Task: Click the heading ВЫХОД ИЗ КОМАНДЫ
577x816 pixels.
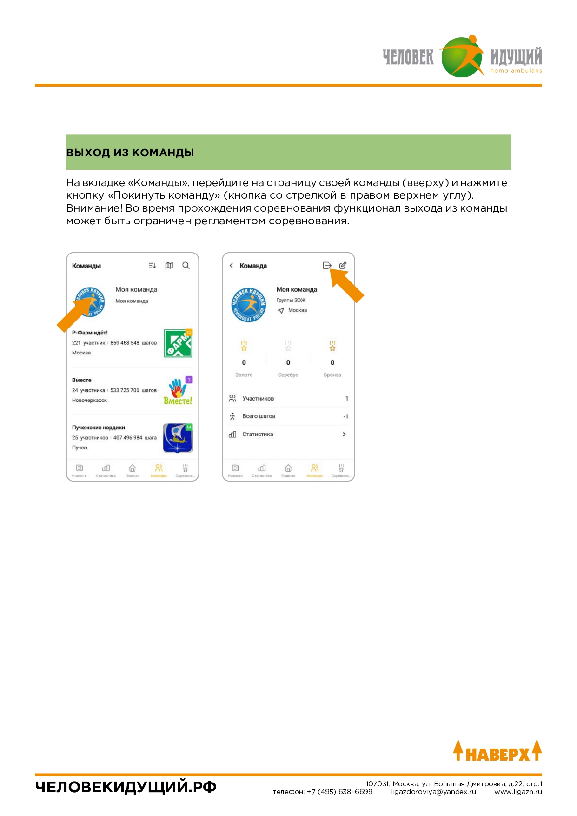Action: pos(130,153)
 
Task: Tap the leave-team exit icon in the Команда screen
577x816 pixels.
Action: pos(327,265)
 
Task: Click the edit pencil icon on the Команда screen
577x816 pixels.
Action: pos(343,265)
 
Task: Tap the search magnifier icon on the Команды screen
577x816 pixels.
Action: pos(186,265)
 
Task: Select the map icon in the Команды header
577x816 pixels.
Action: pos(169,265)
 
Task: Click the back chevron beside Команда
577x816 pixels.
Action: pos(231,266)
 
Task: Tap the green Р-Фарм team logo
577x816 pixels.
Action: pos(178,343)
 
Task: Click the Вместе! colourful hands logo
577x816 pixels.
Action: pos(178,391)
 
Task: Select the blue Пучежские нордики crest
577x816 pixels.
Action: pos(178,438)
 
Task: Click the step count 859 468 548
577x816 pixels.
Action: pos(125,343)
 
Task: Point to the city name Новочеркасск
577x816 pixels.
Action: pos(89,400)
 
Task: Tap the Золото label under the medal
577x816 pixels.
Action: pos(244,375)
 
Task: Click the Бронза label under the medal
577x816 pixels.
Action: pos(332,375)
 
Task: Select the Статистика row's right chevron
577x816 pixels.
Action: pos(344,434)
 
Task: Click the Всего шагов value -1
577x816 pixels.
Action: pos(345,416)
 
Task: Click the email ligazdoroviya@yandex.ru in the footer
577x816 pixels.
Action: pos(433,792)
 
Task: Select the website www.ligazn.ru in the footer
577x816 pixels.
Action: pos(518,792)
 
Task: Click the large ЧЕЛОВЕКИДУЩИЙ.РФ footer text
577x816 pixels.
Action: pos(126,787)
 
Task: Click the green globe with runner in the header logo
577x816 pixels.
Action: pos(461,57)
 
